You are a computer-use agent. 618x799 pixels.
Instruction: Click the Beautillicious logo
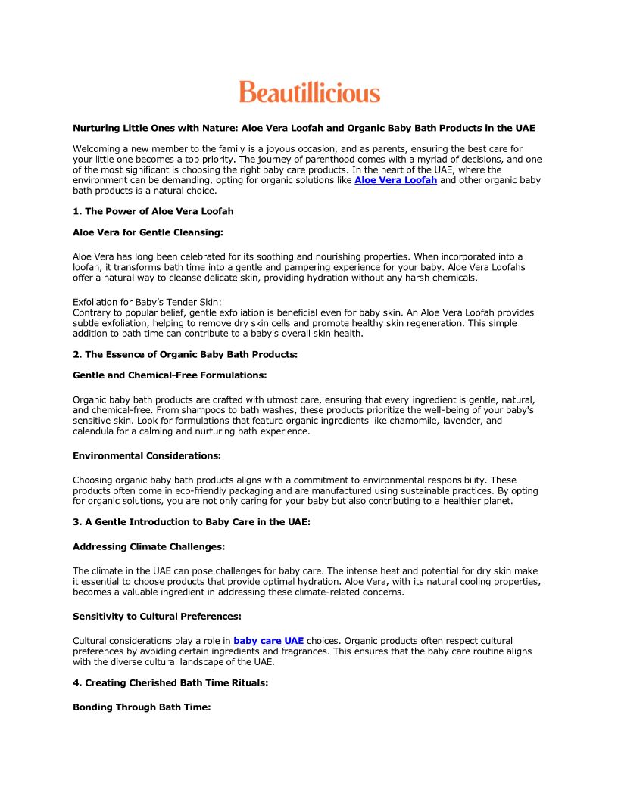pyautogui.click(x=309, y=92)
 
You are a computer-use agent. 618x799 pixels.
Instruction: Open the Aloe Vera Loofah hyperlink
pyautogui.click(x=395, y=180)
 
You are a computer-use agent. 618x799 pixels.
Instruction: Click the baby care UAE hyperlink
pyautogui.click(x=268, y=641)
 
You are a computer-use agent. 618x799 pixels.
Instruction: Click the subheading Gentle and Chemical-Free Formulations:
pyautogui.click(x=170, y=375)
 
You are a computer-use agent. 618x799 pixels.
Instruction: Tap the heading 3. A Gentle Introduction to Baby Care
pyautogui.click(x=191, y=522)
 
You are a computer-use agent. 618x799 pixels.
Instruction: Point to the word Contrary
pyautogui.click(x=91, y=312)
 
